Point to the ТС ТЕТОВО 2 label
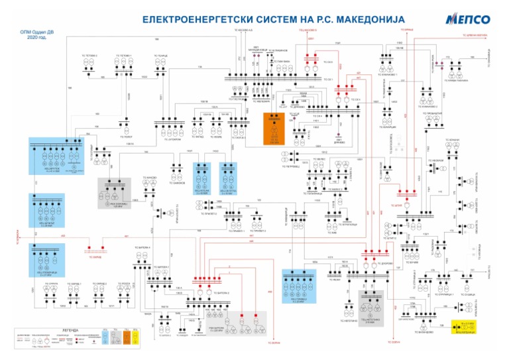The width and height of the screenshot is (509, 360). (89, 55)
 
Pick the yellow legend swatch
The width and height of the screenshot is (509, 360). (135, 337)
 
